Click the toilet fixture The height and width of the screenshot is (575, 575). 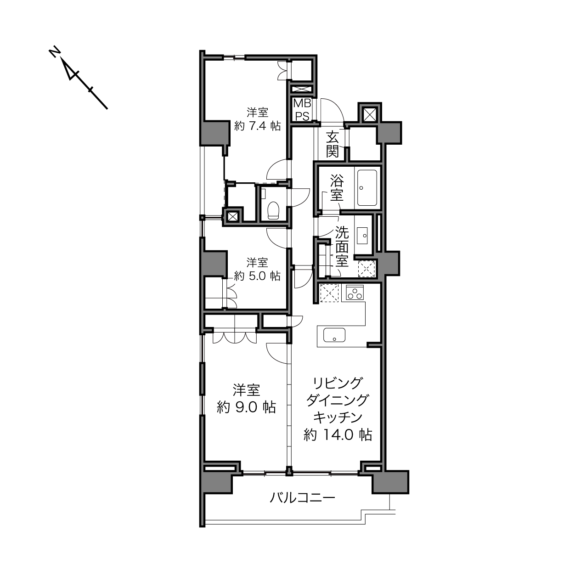[x=273, y=210]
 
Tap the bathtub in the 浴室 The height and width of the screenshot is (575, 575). [x=366, y=188]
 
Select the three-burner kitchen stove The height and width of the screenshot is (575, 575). [x=355, y=292]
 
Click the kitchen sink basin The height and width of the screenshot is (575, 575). [x=334, y=335]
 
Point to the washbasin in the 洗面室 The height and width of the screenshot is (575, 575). [x=362, y=236]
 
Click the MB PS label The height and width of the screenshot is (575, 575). [x=302, y=109]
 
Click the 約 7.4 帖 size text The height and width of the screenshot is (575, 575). [x=257, y=126]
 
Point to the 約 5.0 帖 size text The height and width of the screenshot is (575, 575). [x=257, y=276]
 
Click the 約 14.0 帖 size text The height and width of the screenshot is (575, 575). [x=338, y=435]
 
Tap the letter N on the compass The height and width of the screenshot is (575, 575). [x=54, y=53]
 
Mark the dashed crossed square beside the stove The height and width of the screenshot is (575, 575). [x=329, y=293]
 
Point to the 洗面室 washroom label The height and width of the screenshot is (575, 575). [x=342, y=247]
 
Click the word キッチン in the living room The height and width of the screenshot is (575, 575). [x=338, y=417]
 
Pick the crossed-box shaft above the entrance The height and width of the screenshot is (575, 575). [x=370, y=114]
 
